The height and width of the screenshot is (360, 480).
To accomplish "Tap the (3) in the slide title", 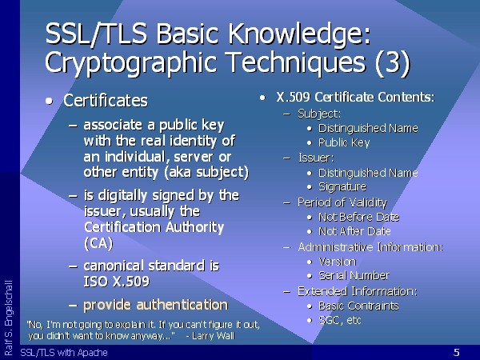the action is [x=392, y=62].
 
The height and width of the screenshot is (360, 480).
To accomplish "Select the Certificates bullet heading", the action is [x=106, y=101].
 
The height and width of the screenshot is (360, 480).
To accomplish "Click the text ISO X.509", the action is [x=117, y=282].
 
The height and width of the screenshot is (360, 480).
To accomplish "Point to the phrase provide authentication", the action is [x=155, y=305].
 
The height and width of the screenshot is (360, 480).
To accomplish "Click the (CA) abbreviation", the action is [x=98, y=243].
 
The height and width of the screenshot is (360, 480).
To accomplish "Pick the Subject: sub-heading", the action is [x=319, y=114].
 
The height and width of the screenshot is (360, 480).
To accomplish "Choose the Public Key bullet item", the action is [x=344, y=142].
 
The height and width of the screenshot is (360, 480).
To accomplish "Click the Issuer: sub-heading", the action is [x=316, y=158].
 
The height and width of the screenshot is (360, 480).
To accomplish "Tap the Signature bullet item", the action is [x=342, y=186].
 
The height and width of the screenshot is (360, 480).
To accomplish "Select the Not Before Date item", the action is [x=358, y=217].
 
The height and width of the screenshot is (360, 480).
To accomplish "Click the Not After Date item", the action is [x=354, y=231].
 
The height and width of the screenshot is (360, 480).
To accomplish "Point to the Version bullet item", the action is [x=338, y=262].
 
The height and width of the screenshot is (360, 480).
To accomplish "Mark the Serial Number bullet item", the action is [x=354, y=276].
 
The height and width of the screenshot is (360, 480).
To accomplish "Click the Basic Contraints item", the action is [x=358, y=306].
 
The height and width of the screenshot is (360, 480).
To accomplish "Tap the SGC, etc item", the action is [x=340, y=320].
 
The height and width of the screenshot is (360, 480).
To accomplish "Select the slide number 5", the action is [x=457, y=352].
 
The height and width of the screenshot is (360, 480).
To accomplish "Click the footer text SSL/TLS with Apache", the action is [x=64, y=353].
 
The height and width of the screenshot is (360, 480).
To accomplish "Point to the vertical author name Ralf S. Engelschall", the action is [x=9, y=318].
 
